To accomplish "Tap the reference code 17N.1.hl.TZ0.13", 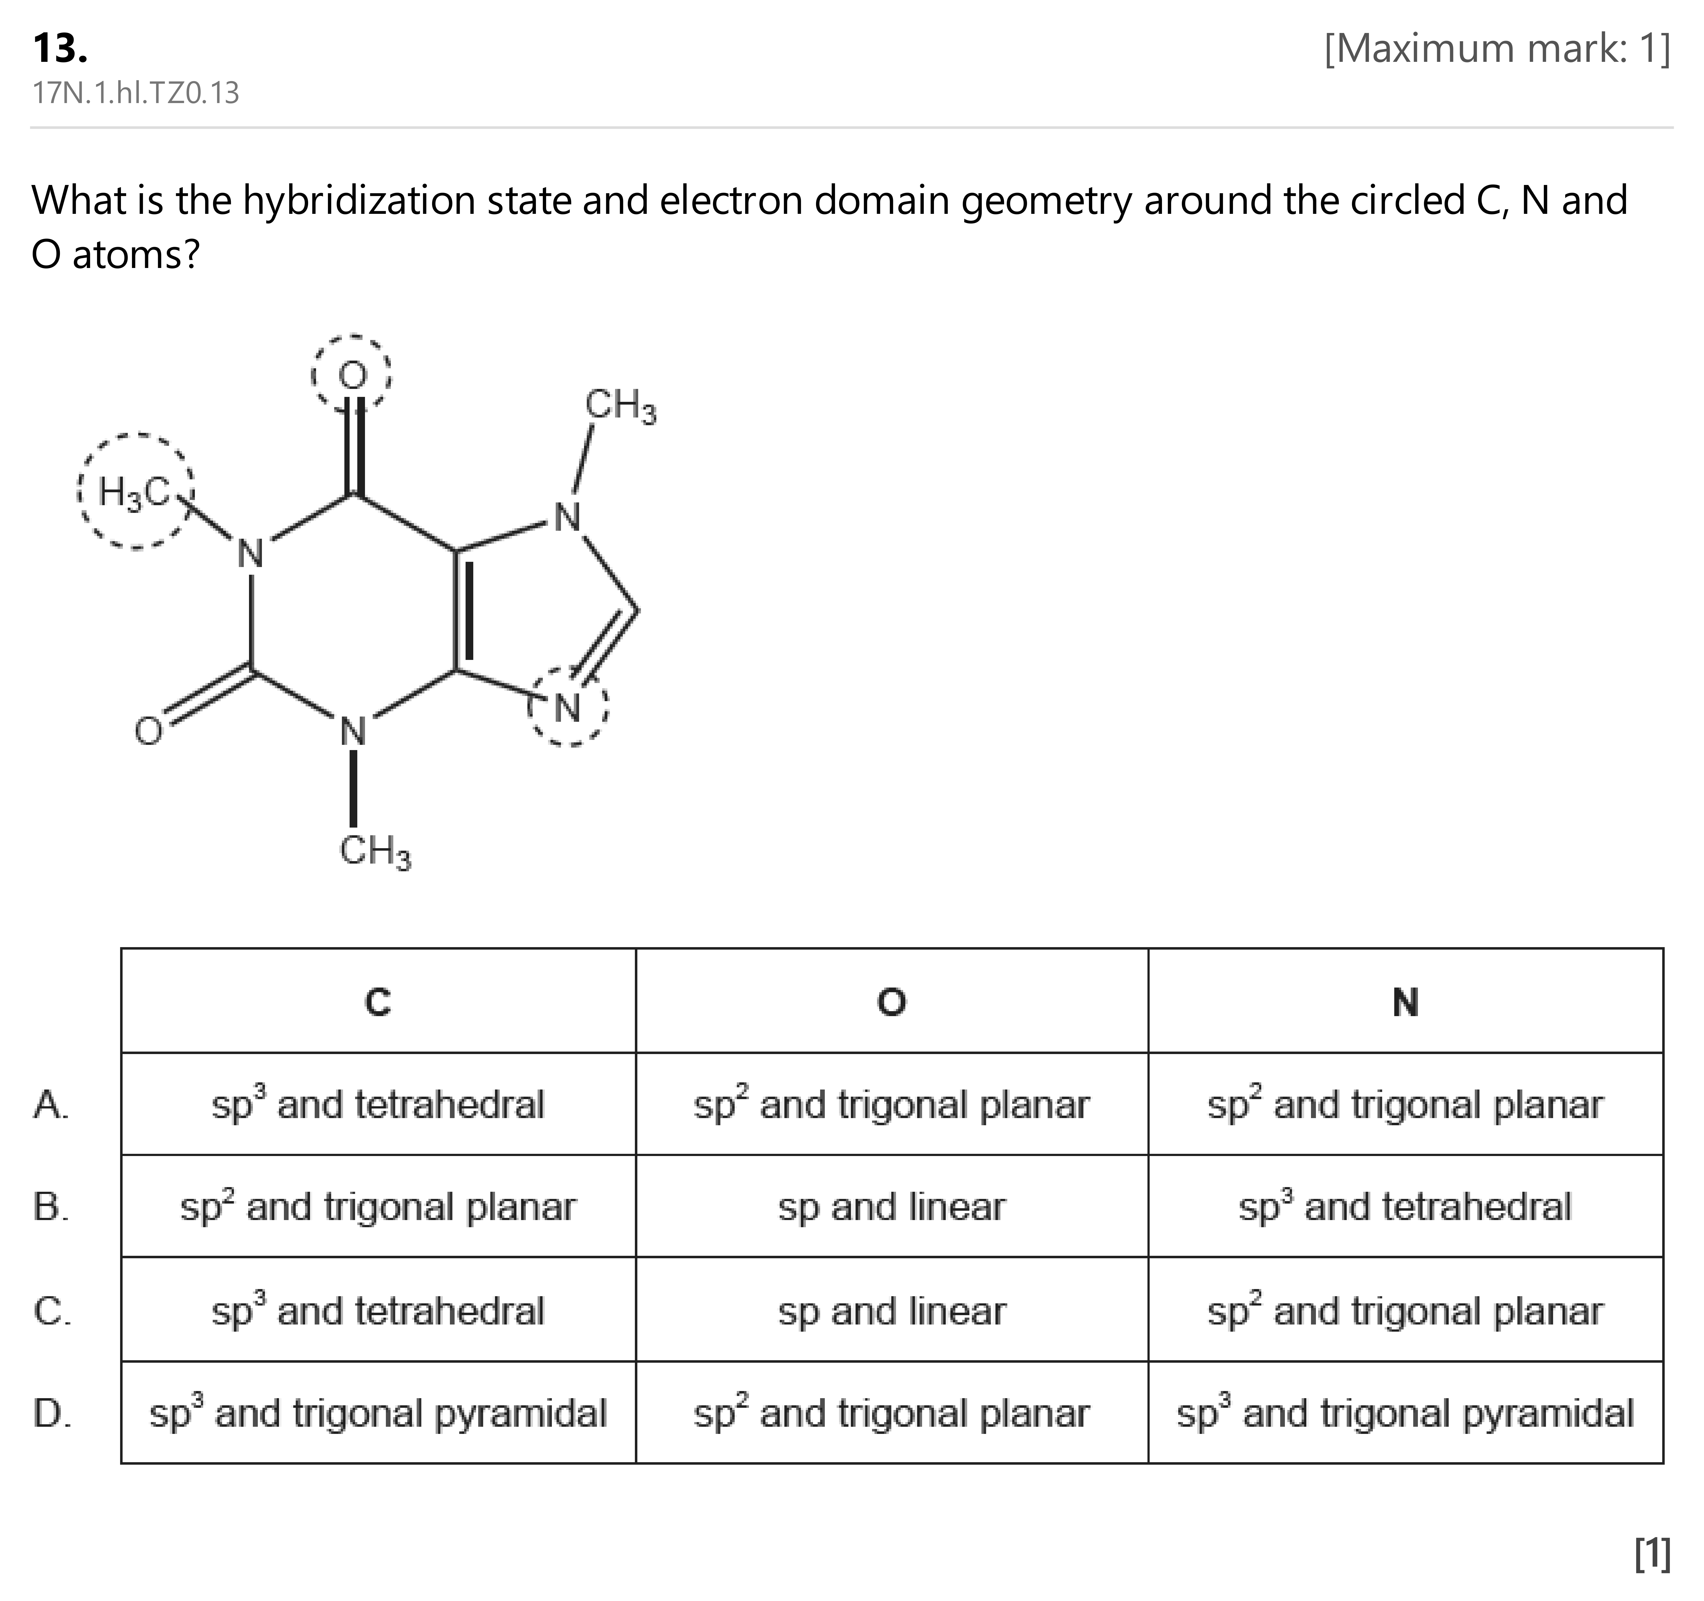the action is pyautogui.click(x=135, y=93).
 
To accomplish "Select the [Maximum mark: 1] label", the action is pyautogui.click(x=1497, y=49).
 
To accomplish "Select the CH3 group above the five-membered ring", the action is pyautogui.click(x=621, y=405).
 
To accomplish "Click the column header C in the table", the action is pyautogui.click(x=378, y=1001).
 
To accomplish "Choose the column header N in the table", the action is pyautogui.click(x=1406, y=1001).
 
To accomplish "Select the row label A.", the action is pyautogui.click(x=51, y=1104).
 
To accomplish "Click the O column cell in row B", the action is pyautogui.click(x=891, y=1207).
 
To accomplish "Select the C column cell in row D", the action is pyautogui.click(x=378, y=1412).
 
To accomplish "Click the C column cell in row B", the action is pyautogui.click(x=378, y=1207).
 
